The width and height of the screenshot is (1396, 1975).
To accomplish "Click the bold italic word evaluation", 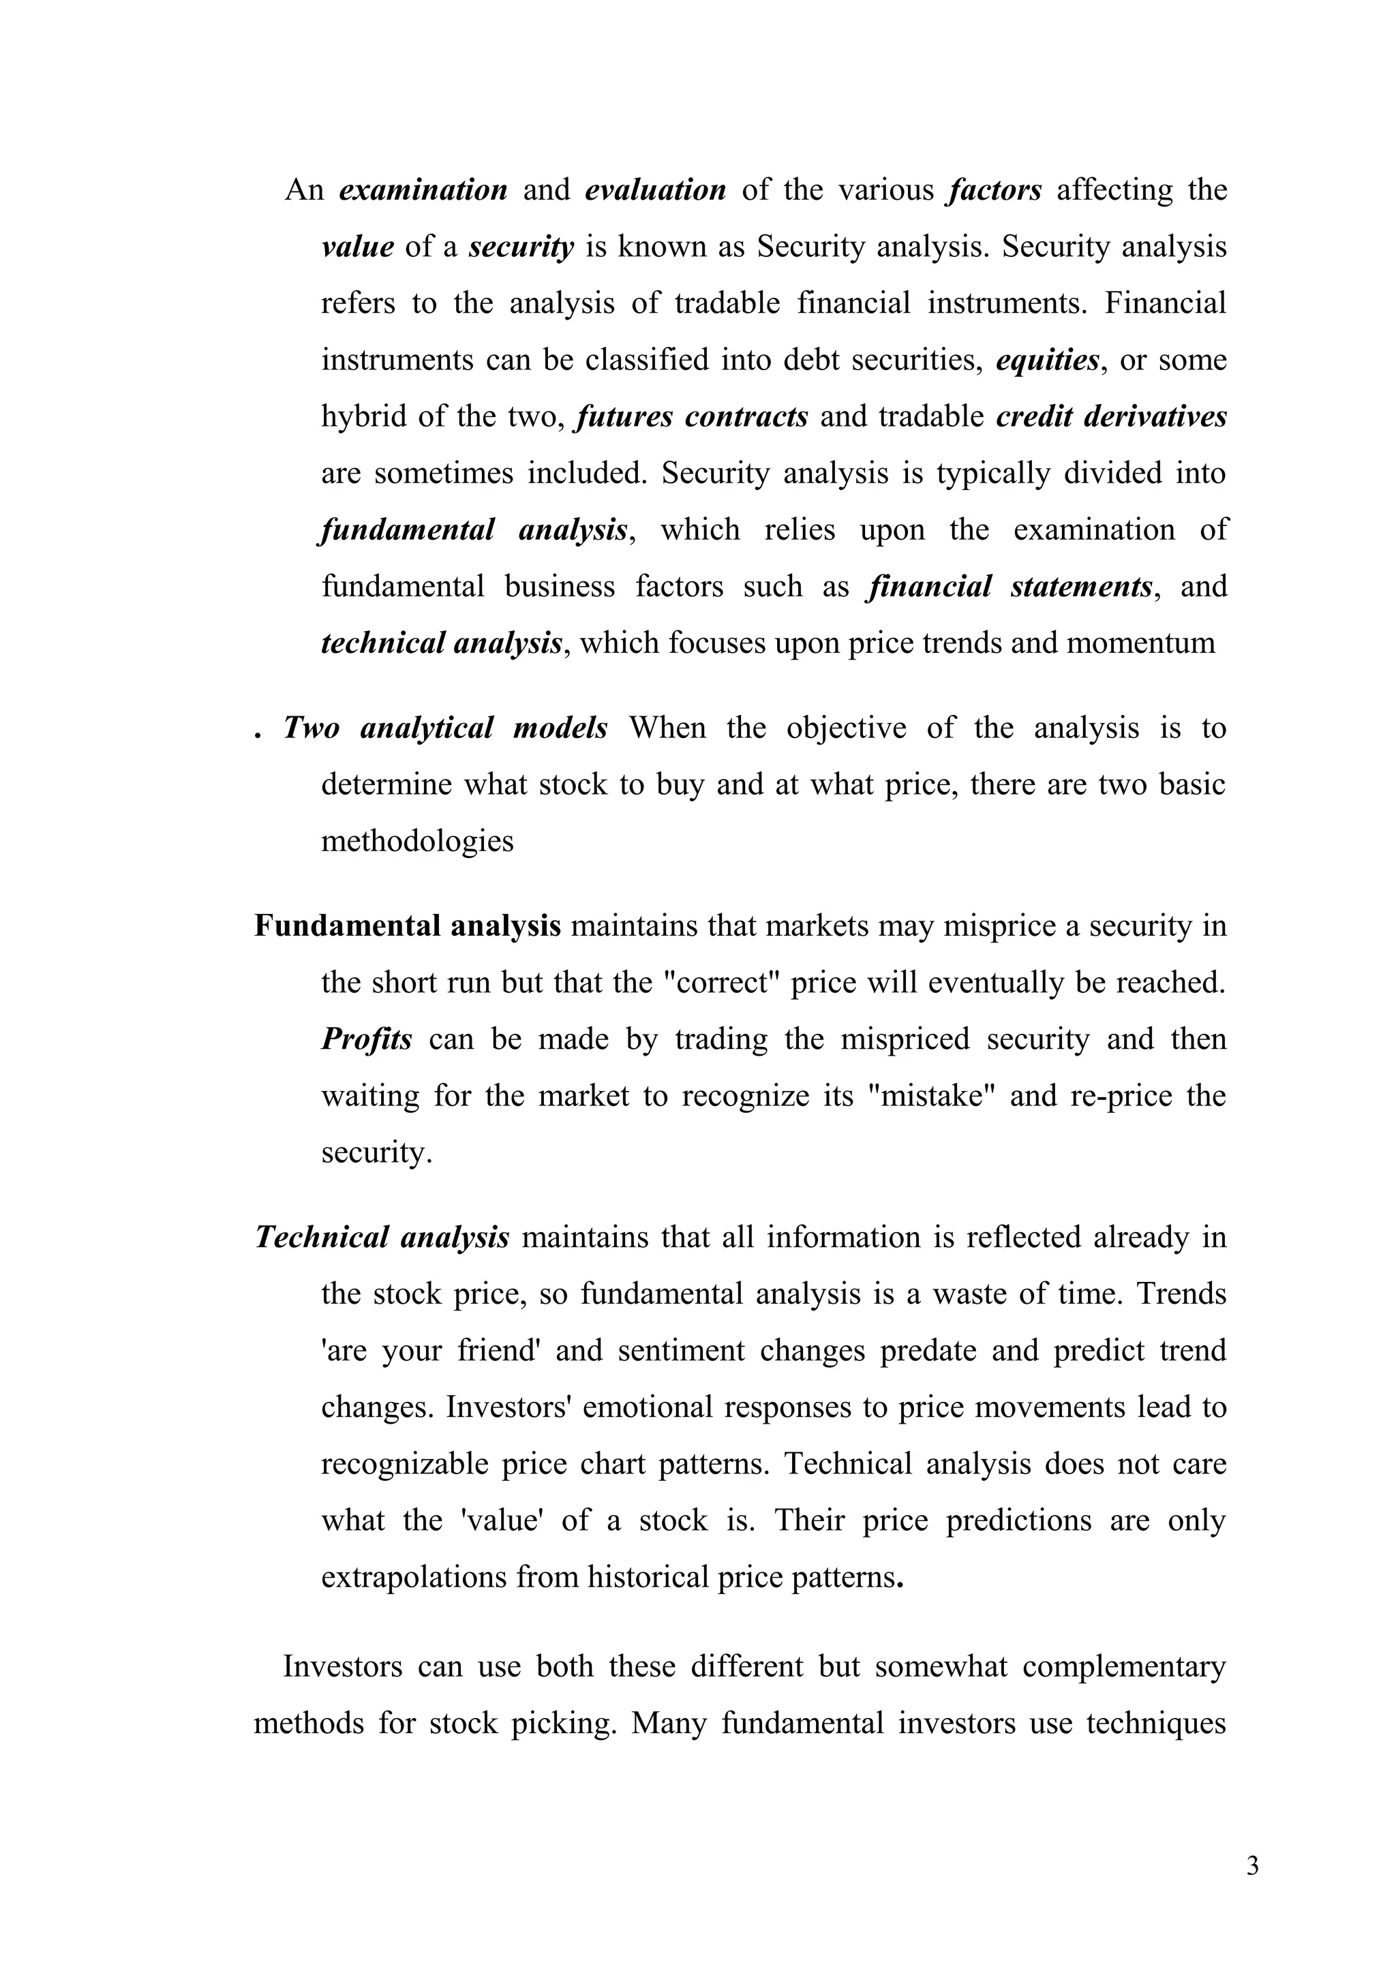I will (656, 190).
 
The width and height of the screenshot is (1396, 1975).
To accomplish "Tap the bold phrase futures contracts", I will (693, 417).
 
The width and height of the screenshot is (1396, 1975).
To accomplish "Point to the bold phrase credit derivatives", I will (1111, 417).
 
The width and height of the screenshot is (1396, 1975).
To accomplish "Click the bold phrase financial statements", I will (1011, 587).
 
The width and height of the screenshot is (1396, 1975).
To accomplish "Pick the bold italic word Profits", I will (367, 1039).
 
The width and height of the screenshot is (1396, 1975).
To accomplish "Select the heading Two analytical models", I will (446, 729).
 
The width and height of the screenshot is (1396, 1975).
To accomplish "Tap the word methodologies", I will (417, 841).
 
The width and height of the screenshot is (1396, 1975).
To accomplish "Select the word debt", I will (811, 361).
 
